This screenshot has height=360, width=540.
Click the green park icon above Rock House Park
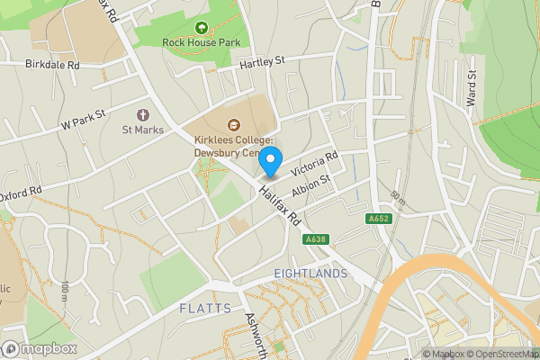pos(200,28)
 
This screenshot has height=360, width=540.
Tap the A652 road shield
pos(379,219)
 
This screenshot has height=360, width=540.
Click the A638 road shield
pos(316,238)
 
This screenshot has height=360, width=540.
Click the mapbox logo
pos(38,348)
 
